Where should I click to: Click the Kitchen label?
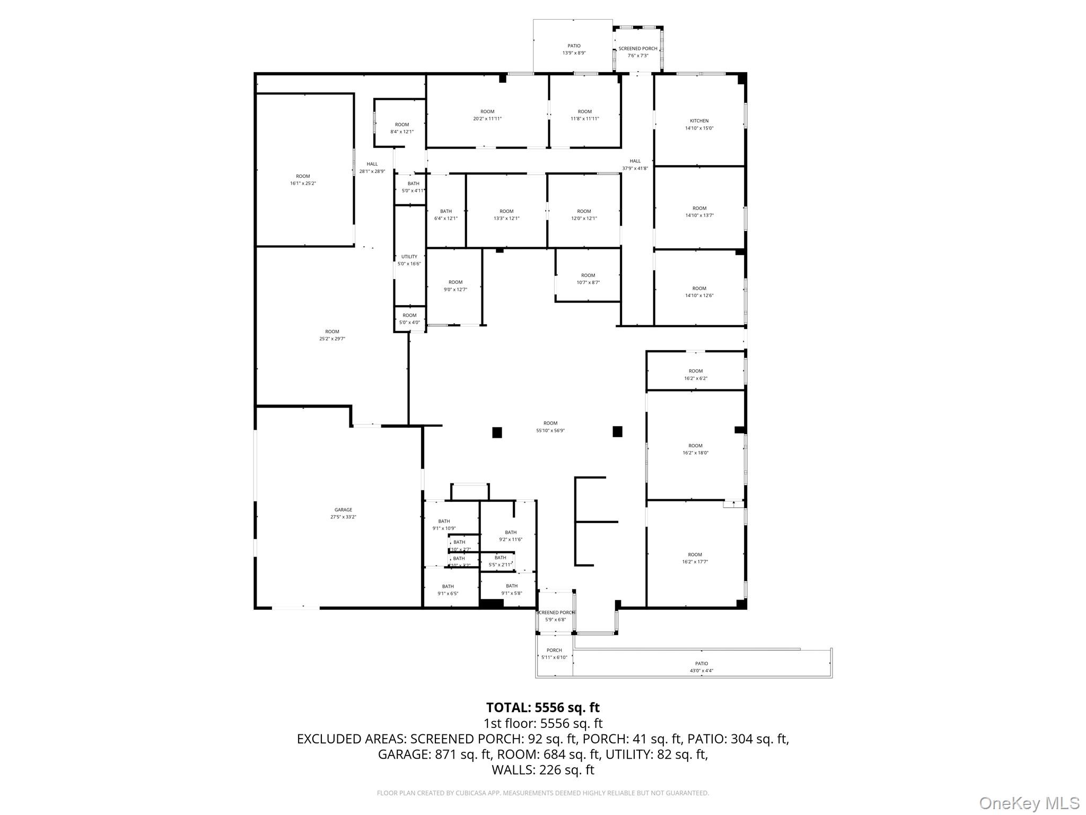point(699,124)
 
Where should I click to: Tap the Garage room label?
point(343,513)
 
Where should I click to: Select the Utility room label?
point(409,260)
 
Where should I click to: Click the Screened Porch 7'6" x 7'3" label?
point(637,51)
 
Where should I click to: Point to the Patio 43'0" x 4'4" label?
point(701,667)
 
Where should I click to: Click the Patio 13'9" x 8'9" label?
point(574,49)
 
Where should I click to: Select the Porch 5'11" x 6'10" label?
point(554,654)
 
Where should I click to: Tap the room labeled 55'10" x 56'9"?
point(550,427)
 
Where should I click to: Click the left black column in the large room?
point(497,432)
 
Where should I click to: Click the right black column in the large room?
point(617,431)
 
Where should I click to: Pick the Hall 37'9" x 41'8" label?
point(635,164)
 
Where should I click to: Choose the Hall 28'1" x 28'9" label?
point(372,167)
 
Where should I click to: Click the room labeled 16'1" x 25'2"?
point(303,179)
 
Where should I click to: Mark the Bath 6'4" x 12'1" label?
point(445,214)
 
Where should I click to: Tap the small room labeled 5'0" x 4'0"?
point(409,318)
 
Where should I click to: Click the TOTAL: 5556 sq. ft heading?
point(542,707)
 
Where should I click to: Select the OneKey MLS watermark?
point(1029,803)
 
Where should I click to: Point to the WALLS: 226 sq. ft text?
point(542,770)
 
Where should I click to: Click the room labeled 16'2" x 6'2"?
point(695,375)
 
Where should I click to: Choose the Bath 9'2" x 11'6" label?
point(510,535)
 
